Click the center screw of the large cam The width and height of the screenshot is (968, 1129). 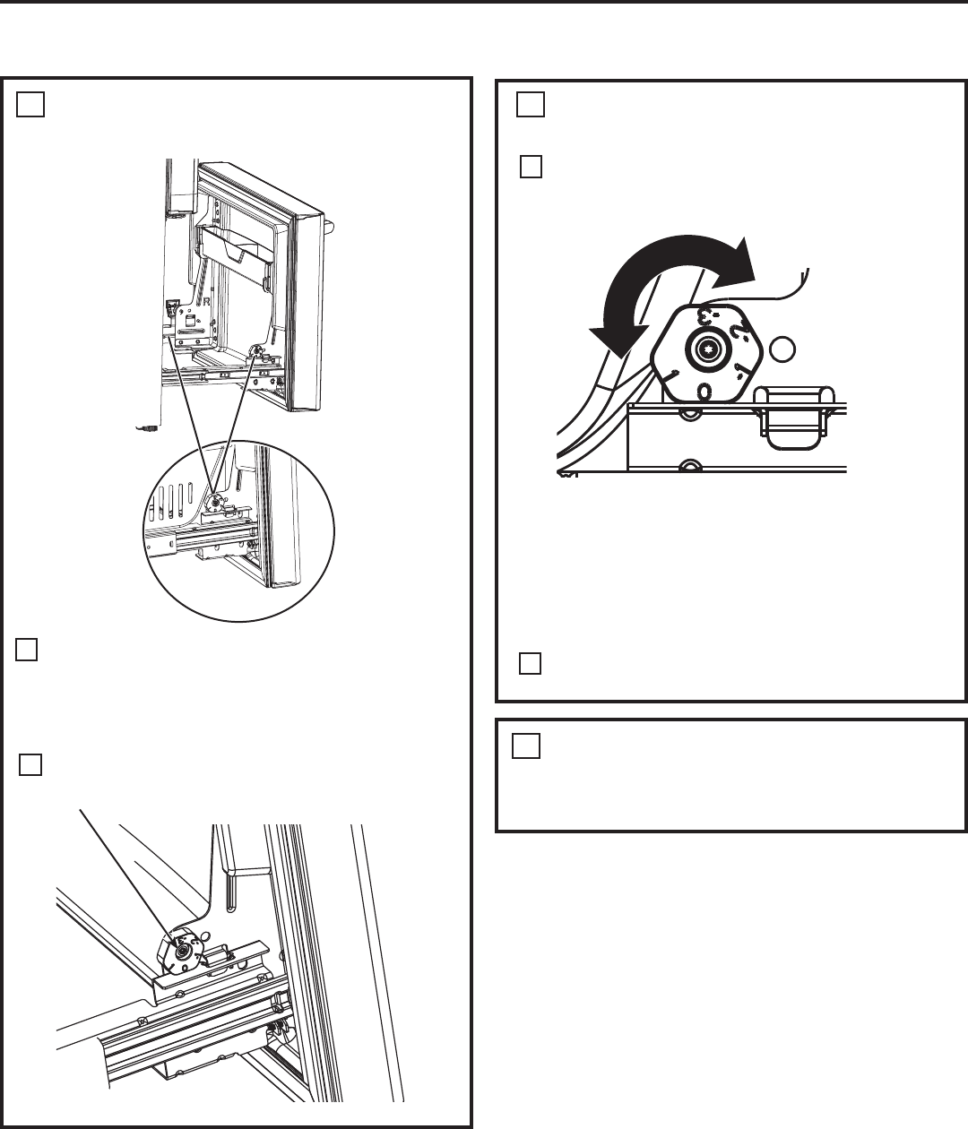tap(706, 349)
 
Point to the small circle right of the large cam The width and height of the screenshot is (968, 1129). tap(782, 348)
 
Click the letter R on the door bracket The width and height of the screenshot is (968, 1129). tap(206, 303)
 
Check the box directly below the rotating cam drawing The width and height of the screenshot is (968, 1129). tap(531, 664)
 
